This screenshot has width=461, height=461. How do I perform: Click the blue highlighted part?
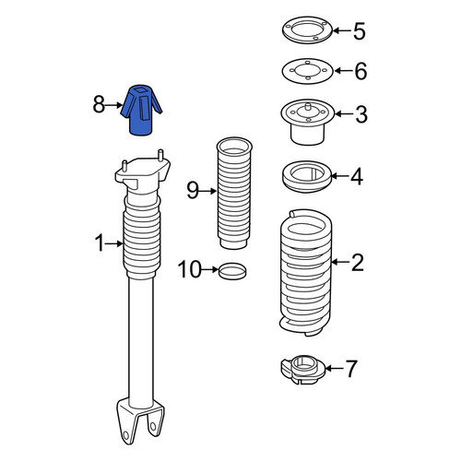point(141,110)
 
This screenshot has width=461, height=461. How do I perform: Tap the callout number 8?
point(99,104)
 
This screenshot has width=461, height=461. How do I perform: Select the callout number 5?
point(360,31)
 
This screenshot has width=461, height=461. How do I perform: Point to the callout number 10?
point(190,269)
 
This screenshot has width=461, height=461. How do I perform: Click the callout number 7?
point(351,368)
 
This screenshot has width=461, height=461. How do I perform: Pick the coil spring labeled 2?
point(306,273)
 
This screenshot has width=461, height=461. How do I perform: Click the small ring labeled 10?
point(232,271)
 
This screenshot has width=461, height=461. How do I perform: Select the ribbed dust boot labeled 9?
point(234,193)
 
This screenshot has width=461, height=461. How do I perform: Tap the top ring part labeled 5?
point(307,30)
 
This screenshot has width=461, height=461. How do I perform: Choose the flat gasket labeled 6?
point(307,71)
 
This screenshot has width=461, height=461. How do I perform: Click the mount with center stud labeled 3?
point(307,122)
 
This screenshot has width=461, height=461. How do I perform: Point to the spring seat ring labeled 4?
point(307,176)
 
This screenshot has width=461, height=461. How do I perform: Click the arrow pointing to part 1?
point(114,244)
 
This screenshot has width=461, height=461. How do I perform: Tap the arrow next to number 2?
point(340,262)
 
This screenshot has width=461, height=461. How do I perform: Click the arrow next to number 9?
point(207,191)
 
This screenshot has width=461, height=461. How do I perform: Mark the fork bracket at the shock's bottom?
point(140,420)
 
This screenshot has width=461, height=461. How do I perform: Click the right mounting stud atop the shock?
point(160,155)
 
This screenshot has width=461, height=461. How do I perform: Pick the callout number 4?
point(357,176)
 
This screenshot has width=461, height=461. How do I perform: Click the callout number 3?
point(361,114)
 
